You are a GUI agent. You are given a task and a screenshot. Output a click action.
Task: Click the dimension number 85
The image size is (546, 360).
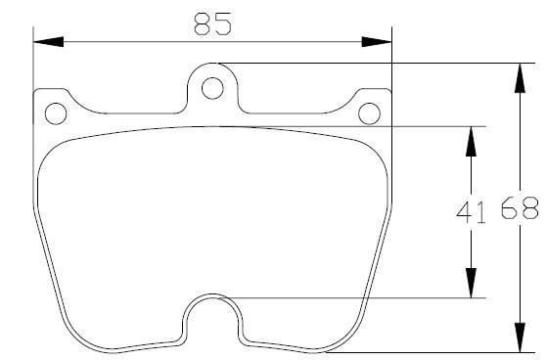(x=212, y=23)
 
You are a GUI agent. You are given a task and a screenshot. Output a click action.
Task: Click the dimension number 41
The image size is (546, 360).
(x=471, y=212)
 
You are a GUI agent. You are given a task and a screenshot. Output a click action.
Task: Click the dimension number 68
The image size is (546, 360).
(x=520, y=207)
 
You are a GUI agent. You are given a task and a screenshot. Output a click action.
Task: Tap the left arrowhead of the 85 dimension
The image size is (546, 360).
(x=48, y=42)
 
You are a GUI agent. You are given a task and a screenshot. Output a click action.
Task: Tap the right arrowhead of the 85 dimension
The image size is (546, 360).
(x=377, y=42)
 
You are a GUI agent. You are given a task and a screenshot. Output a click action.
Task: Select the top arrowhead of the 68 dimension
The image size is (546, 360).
(x=520, y=78)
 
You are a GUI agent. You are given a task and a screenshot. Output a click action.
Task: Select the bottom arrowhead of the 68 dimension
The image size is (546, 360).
(x=520, y=337)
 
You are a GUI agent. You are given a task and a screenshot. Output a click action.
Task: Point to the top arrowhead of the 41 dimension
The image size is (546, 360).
(x=471, y=141)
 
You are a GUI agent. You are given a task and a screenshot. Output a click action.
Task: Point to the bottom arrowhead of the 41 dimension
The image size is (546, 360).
(x=471, y=283)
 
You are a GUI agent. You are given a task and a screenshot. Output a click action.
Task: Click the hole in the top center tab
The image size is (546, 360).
(x=212, y=88)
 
